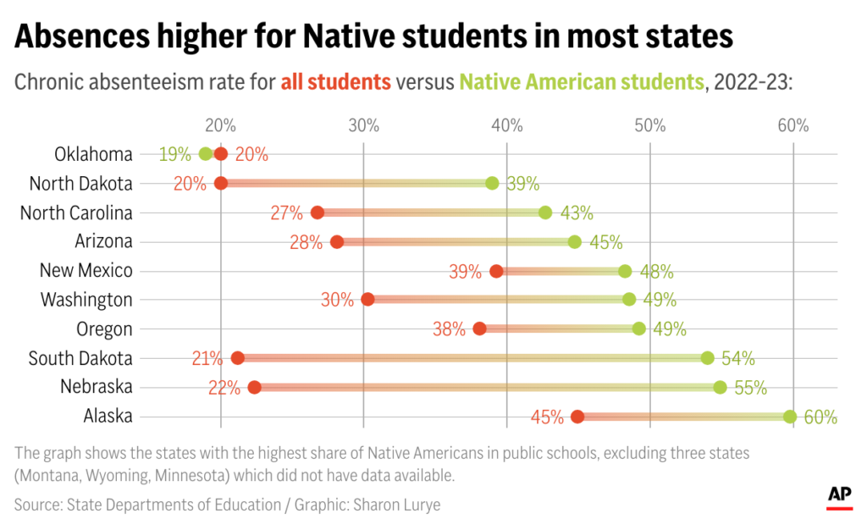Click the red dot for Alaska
(x=577, y=417)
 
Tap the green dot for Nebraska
(x=720, y=388)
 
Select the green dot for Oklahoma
(x=205, y=154)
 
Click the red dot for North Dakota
(x=221, y=183)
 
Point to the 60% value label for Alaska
(x=820, y=417)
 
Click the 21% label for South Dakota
(x=207, y=359)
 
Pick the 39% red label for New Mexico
(x=466, y=272)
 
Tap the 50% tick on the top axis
(x=649, y=126)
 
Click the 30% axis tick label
(x=363, y=126)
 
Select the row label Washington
(x=86, y=300)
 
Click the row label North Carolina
(x=76, y=213)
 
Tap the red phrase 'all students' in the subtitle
(x=335, y=82)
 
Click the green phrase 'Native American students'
(x=581, y=82)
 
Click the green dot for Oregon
(x=638, y=328)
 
